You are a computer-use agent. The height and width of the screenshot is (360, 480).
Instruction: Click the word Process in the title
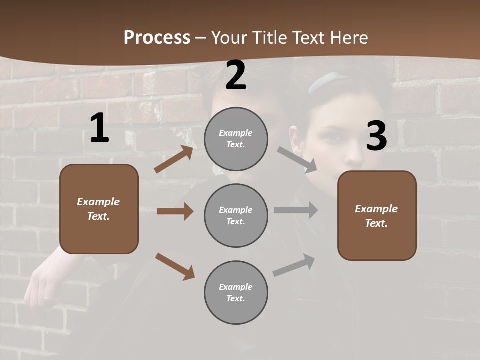[x=157, y=38]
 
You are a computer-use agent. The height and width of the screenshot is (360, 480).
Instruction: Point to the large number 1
[x=99, y=128]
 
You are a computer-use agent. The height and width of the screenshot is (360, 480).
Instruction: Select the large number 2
[x=236, y=75]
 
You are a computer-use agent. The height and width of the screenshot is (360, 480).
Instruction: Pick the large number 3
[x=376, y=136]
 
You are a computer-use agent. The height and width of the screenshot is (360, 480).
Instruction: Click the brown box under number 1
[x=99, y=209]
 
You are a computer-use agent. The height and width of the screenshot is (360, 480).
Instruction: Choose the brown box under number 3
[x=377, y=215]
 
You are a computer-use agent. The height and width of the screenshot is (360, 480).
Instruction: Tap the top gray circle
[x=236, y=139]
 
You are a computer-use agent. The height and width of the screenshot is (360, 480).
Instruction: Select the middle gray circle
[x=236, y=215]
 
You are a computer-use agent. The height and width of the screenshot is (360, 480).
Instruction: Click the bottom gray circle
[x=236, y=292]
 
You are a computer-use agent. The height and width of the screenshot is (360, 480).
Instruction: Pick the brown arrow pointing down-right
[x=175, y=266]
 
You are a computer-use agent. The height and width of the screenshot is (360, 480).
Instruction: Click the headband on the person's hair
[x=327, y=80]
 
